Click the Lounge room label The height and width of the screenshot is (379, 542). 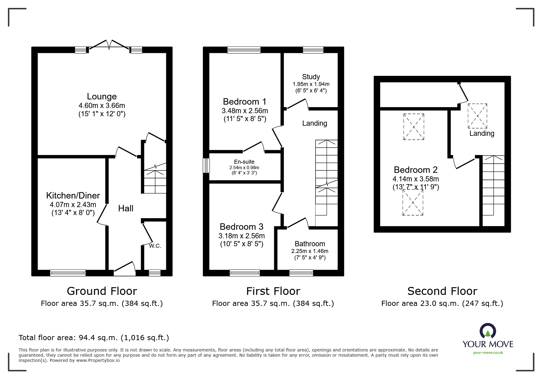tap(102, 96)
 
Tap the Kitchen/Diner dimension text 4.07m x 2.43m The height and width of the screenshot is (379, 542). tap(73, 204)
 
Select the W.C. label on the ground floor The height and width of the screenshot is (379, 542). tap(155, 246)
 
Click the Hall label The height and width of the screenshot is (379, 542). tap(126, 208)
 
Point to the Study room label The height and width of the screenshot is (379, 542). tap(311, 77)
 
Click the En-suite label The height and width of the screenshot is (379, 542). tap(244, 162)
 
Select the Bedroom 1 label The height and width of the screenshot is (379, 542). tap(245, 102)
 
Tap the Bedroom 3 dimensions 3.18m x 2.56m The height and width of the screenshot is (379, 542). tap(241, 236)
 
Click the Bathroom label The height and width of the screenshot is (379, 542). tap(310, 244)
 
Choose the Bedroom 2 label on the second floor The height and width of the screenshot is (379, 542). tap(416, 170)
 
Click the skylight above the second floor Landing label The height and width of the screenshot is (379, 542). tap(477, 116)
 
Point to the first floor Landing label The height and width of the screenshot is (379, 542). tap(315, 123)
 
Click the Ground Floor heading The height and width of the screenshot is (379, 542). tap(102, 291)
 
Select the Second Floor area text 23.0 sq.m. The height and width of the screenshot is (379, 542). tap(442, 303)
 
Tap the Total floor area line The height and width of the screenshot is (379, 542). tap(94, 338)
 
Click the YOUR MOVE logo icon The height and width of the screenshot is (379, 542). tap(488, 331)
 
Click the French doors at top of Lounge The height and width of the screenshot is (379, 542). tap(109, 45)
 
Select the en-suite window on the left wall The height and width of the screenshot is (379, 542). tap(207, 165)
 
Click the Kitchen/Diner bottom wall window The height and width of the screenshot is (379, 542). tap(68, 273)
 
